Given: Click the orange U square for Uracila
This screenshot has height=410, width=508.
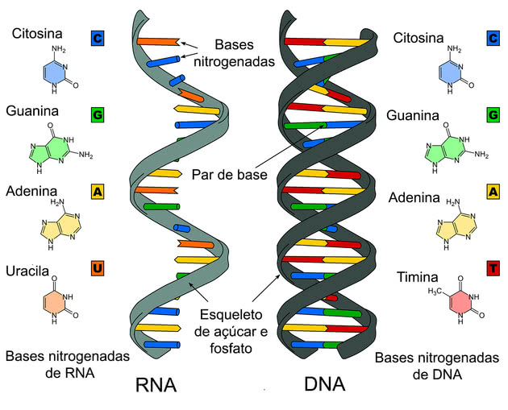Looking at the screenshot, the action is click(x=98, y=268).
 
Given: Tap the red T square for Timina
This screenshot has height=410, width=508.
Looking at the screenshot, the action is click(x=493, y=268).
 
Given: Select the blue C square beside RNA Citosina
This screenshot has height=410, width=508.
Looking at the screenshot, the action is click(x=98, y=39).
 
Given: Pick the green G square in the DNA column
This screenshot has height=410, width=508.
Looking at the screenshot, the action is click(x=493, y=114).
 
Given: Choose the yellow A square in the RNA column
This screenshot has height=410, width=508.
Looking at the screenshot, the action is click(x=98, y=192).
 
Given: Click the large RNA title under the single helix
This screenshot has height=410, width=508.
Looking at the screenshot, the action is click(x=156, y=385).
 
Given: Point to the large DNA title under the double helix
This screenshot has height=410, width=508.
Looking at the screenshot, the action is click(x=325, y=384).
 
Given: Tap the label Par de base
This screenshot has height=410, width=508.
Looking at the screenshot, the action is click(x=229, y=175).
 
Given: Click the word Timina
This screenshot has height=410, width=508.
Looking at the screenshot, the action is click(x=418, y=277).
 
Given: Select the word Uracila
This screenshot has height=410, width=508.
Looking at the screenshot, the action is click(x=27, y=271).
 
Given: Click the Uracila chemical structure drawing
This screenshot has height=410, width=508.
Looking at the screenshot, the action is click(x=60, y=300).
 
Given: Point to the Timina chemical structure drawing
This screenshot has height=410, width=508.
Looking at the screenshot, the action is click(x=456, y=300).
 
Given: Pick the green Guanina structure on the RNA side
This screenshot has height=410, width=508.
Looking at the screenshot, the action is click(x=60, y=148).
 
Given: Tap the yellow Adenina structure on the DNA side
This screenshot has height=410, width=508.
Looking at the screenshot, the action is click(x=457, y=225).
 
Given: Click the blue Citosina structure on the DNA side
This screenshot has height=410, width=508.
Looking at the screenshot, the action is click(x=456, y=70).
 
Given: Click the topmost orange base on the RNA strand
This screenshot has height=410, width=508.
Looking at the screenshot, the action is click(x=159, y=41).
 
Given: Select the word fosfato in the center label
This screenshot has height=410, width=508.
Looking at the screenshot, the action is click(x=231, y=348).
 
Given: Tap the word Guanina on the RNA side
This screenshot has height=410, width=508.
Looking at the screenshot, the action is click(x=32, y=111).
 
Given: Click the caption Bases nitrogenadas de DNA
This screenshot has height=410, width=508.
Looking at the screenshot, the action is click(x=437, y=366).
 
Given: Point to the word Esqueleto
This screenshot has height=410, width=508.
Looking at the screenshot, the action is click(x=231, y=314).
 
